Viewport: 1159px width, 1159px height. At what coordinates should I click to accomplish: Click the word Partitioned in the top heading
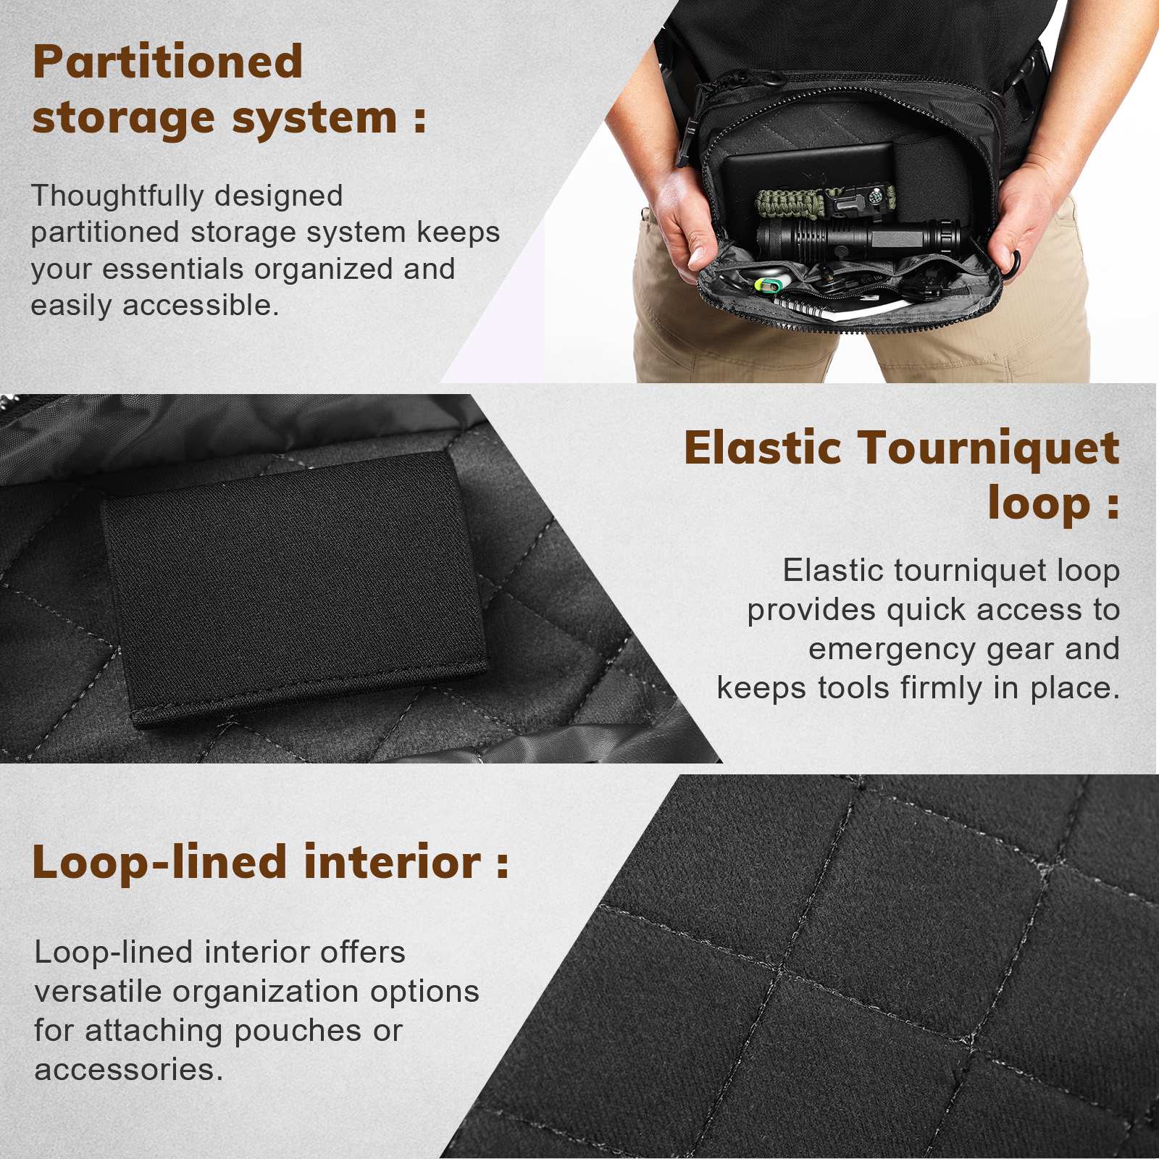[167, 62]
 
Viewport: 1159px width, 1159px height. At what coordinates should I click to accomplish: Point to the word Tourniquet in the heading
[989, 448]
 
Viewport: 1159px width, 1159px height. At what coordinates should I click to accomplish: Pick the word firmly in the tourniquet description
[945, 687]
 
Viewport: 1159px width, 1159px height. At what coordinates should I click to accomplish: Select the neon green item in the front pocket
[769, 285]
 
